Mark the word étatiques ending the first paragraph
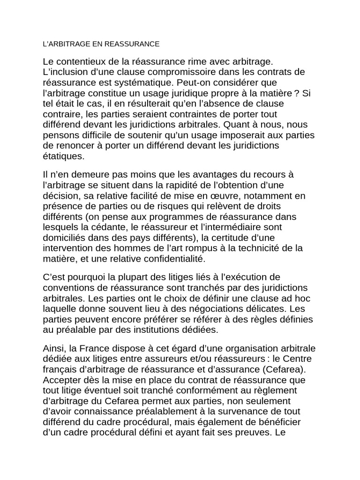tap(63, 156)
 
